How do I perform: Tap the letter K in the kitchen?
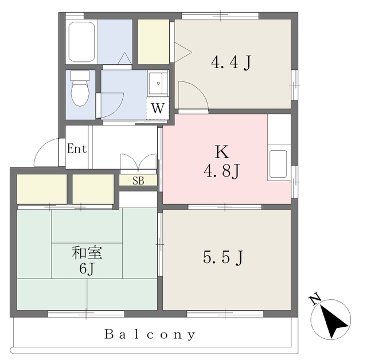pos(222,152)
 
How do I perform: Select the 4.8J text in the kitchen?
pos(221,171)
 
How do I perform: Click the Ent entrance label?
pos(77,149)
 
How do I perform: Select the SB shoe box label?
pos(138,181)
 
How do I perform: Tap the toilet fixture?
pos(80,88)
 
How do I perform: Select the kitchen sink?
pos(278,164)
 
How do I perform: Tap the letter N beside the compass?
pos(314,299)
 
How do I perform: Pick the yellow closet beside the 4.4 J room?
pos(153,42)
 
